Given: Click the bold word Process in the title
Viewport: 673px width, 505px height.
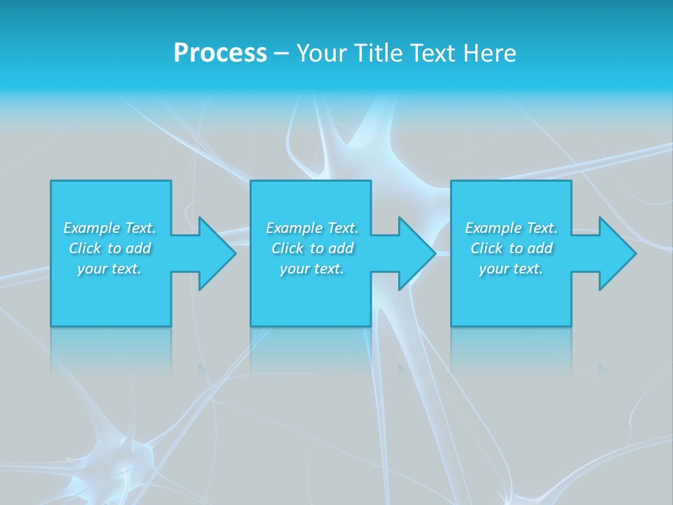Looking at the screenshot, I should tap(220, 53).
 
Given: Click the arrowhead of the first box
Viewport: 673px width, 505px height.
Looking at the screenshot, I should tap(215, 253).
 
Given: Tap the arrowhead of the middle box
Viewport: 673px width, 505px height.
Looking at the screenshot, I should tap(415, 253).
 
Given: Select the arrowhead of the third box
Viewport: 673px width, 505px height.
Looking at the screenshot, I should tap(616, 253).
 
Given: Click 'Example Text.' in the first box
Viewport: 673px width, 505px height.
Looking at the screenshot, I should tap(109, 228).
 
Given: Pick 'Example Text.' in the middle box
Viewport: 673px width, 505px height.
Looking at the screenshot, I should tap(312, 228).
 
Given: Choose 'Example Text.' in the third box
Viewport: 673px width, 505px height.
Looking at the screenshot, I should tap(511, 228).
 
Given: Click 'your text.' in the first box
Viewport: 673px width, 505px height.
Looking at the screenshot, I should tap(109, 269).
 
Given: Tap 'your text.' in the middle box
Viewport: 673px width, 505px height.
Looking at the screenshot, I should tap(312, 269).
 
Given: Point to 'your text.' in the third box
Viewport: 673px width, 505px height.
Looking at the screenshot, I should tap(511, 269).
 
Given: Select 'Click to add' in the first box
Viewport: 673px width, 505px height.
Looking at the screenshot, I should tap(109, 248).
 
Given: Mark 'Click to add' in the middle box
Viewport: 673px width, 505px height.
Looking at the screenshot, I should tap(312, 248).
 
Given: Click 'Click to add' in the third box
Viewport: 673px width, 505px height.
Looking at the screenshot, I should tap(511, 248).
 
